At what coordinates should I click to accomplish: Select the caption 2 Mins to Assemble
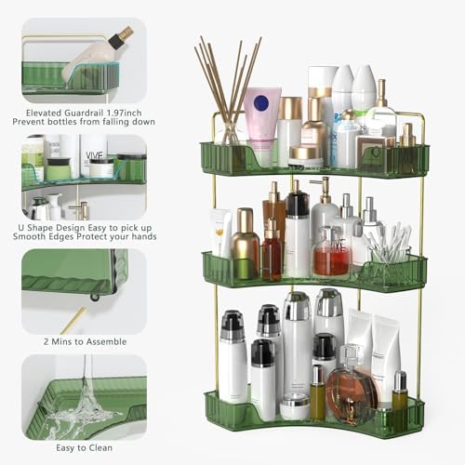tap(83, 341)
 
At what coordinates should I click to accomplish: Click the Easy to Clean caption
tap(83, 447)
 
